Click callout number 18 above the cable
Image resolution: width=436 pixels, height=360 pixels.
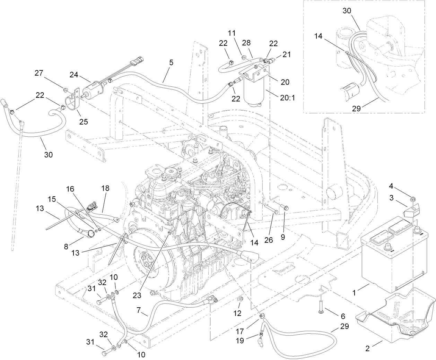[105, 189]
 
